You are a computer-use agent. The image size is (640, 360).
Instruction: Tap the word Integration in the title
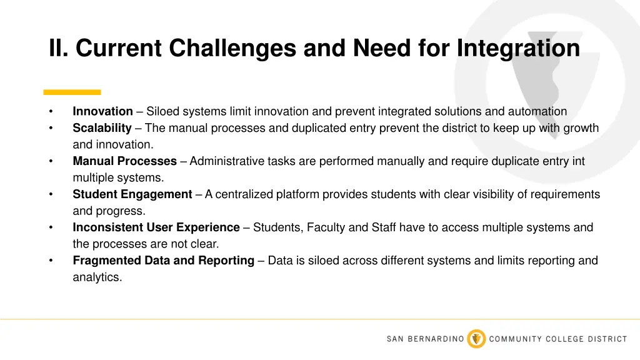518,48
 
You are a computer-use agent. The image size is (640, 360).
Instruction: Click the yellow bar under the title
72,92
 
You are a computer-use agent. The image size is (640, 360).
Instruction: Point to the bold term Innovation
102,112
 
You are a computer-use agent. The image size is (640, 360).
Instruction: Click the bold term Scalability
102,128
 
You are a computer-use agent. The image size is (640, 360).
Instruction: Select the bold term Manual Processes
124,161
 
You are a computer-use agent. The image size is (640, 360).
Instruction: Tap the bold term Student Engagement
132,194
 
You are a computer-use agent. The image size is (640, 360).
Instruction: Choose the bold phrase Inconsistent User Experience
156,227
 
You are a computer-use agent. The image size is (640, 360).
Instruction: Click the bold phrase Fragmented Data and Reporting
163,261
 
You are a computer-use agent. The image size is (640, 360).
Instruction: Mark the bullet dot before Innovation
51,112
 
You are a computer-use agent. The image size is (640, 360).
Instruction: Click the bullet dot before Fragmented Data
51,261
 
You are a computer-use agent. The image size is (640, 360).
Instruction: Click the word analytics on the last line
96,277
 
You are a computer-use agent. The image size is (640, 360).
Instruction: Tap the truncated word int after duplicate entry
579,161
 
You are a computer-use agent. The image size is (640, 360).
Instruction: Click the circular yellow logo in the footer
476,339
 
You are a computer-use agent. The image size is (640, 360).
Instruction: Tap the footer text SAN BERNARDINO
425,339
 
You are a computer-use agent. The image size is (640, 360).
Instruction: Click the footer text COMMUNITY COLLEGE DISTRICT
557,339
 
